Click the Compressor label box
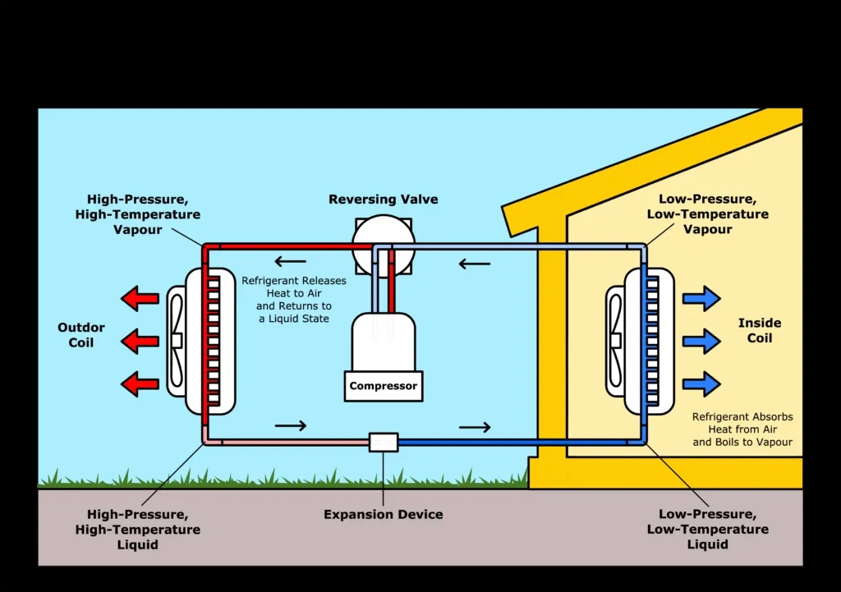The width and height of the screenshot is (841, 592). [x=384, y=386]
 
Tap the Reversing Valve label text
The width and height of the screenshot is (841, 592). [x=384, y=200]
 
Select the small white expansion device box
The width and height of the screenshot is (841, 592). [x=384, y=442]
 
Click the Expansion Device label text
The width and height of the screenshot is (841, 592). [x=384, y=515]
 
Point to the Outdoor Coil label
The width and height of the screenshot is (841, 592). [x=81, y=335]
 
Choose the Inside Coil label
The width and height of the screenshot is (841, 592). [x=760, y=331]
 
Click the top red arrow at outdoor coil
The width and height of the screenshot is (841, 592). [x=140, y=297]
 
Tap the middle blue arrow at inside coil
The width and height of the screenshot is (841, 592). [x=701, y=340]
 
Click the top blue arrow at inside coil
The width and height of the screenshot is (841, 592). [x=701, y=298]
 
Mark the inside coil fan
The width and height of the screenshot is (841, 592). [x=615, y=340]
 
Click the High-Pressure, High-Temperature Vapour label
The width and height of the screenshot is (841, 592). [x=145, y=214]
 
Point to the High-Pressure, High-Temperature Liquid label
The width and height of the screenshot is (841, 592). [x=137, y=530]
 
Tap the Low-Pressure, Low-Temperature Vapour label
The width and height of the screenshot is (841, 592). [x=707, y=214]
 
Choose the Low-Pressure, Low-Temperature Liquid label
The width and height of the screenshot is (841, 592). [x=707, y=530]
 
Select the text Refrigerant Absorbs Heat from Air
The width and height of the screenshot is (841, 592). [x=742, y=429]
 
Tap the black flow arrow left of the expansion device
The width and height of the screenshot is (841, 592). [x=291, y=425]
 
